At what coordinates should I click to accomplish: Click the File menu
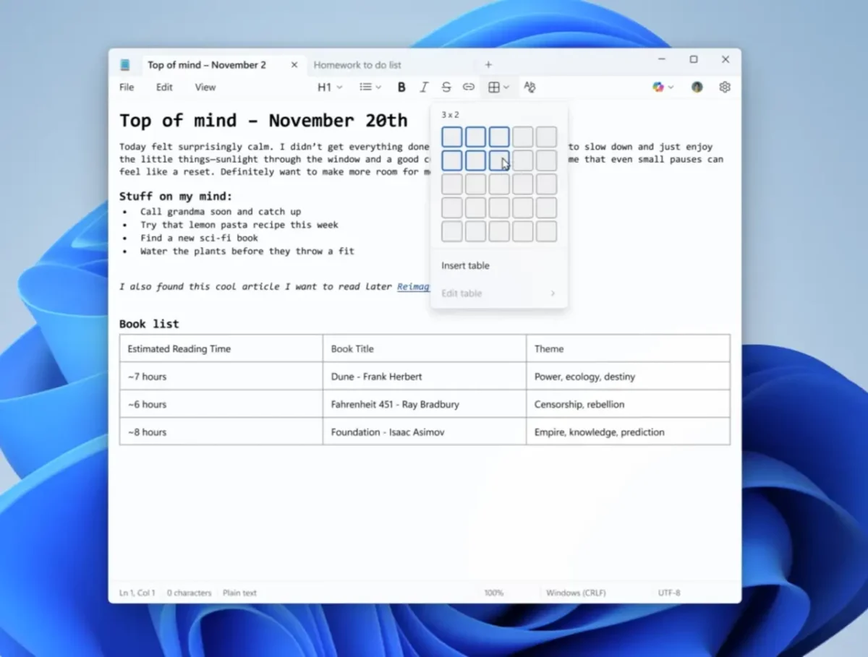coord(127,87)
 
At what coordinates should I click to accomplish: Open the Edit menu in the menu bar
coord(164,87)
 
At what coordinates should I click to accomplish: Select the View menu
coord(205,87)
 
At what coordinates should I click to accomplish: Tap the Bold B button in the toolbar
coord(401,87)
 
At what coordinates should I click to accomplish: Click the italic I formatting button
coord(424,87)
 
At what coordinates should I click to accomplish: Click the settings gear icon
coord(725,87)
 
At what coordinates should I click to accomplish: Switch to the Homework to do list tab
coord(357,65)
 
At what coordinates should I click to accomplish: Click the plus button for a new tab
coord(488,65)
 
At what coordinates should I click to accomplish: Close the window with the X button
coord(726,59)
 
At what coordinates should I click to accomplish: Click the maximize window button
coord(694,59)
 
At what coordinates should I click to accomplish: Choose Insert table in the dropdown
coord(465,265)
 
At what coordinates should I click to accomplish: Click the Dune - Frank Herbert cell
coord(376,377)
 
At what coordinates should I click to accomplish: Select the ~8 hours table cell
coord(147,432)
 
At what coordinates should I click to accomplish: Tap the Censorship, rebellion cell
coord(579,404)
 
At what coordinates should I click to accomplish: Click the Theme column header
coord(549,348)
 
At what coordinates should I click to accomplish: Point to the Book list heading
coord(149,324)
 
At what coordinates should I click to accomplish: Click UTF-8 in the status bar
coord(669,593)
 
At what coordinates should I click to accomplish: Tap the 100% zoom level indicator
coord(494,593)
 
